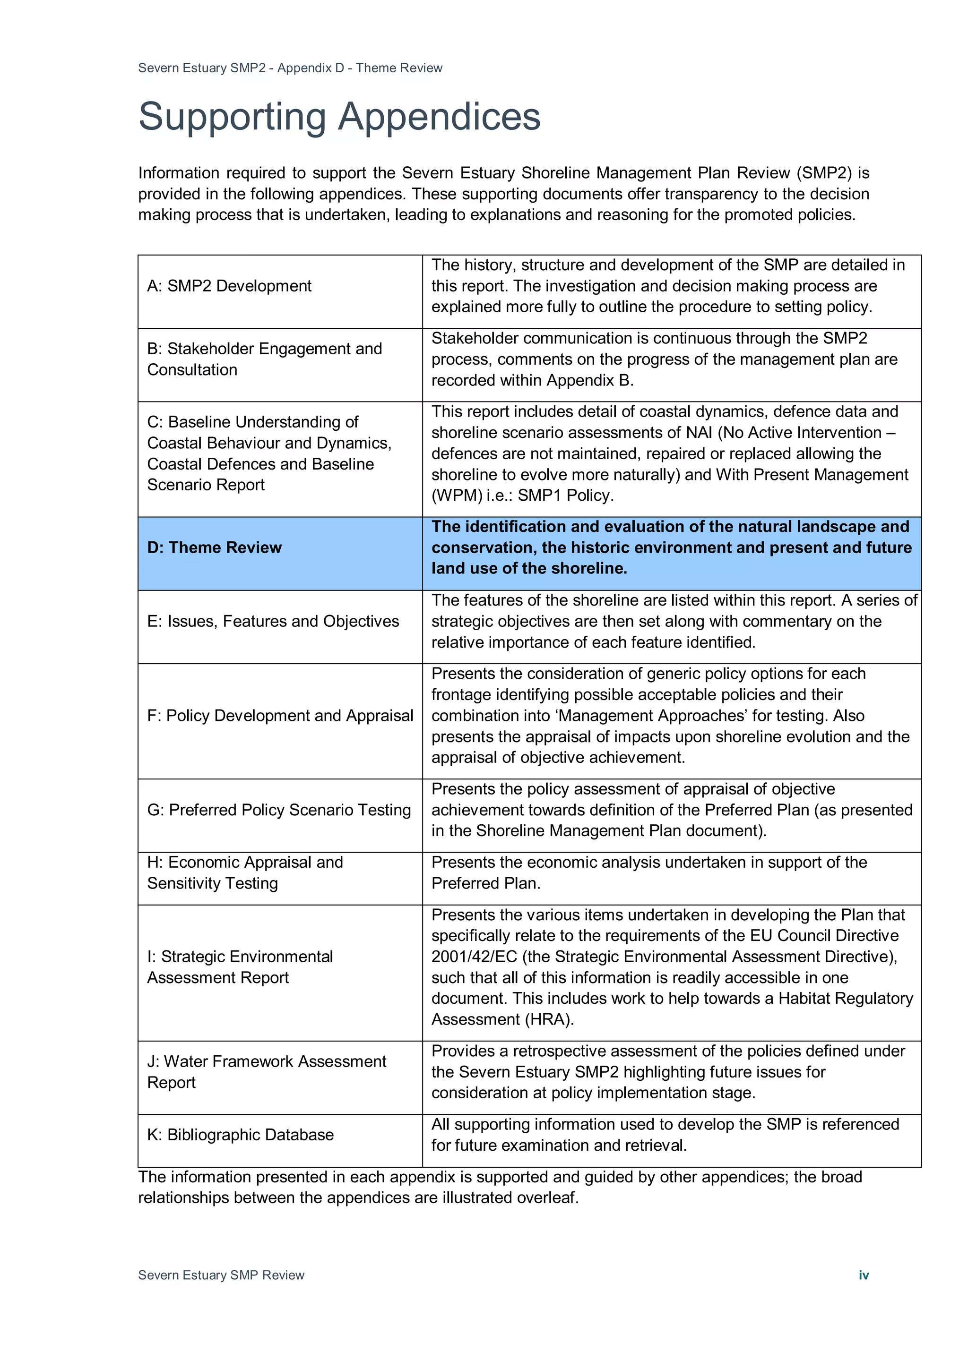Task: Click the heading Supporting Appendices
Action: [339, 117]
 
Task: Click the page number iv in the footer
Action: [863, 1275]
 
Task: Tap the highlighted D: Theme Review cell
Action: [214, 547]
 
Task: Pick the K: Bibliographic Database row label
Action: [240, 1135]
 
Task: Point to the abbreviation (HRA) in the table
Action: [548, 1019]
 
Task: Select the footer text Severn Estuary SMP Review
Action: [221, 1275]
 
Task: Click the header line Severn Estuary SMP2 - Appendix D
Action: [290, 68]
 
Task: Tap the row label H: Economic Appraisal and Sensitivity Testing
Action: [244, 873]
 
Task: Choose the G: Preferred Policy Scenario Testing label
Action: [279, 810]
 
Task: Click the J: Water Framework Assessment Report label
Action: [267, 1072]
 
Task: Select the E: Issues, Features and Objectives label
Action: [273, 622]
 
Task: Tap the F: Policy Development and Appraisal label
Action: [280, 716]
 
